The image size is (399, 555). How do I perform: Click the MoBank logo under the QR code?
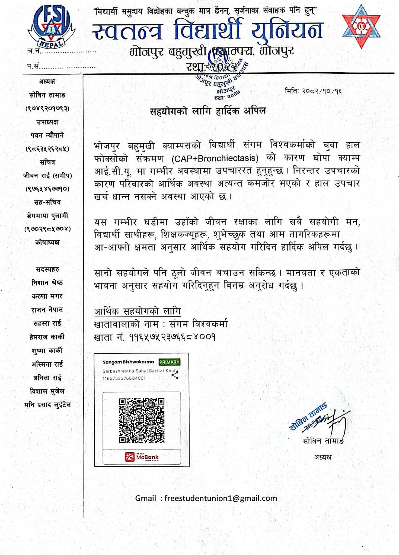[x=142, y=457]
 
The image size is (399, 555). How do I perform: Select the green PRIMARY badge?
[x=170, y=362]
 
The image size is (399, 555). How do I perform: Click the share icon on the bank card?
[x=175, y=375]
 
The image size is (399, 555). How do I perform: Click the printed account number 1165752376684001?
[x=124, y=378]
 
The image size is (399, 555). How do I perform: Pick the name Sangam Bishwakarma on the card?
[x=128, y=362]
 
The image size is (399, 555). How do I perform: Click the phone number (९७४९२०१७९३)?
[x=47, y=109]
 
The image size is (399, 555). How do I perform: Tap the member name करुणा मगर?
[x=47, y=296]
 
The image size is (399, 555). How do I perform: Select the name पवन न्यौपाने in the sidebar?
[x=47, y=135]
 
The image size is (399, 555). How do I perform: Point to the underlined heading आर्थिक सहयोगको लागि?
[x=137, y=311]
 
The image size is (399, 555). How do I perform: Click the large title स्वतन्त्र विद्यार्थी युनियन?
[x=208, y=30]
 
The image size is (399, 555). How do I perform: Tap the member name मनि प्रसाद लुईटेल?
[x=47, y=405]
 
